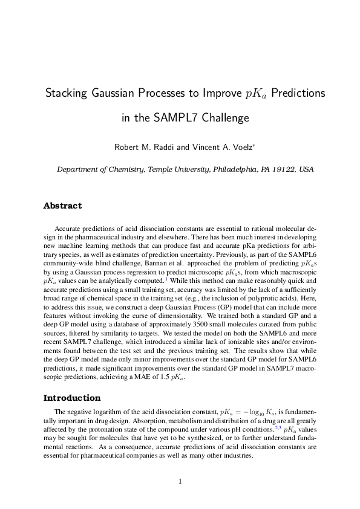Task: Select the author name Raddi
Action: click(167, 147)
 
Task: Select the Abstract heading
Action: click(62, 206)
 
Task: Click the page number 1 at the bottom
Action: click(180, 482)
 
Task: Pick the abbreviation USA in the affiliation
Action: click(306, 170)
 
